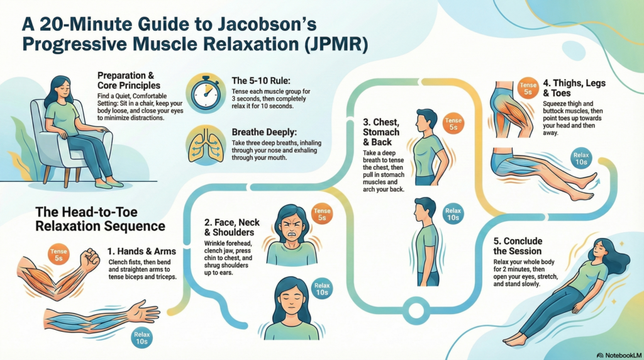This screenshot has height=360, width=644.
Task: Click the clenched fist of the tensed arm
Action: [x=91, y=259]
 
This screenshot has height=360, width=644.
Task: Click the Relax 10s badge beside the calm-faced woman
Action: [x=321, y=289]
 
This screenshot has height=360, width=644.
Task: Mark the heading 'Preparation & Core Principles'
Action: [x=129, y=80]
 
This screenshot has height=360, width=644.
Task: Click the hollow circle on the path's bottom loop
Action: [x=415, y=310]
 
